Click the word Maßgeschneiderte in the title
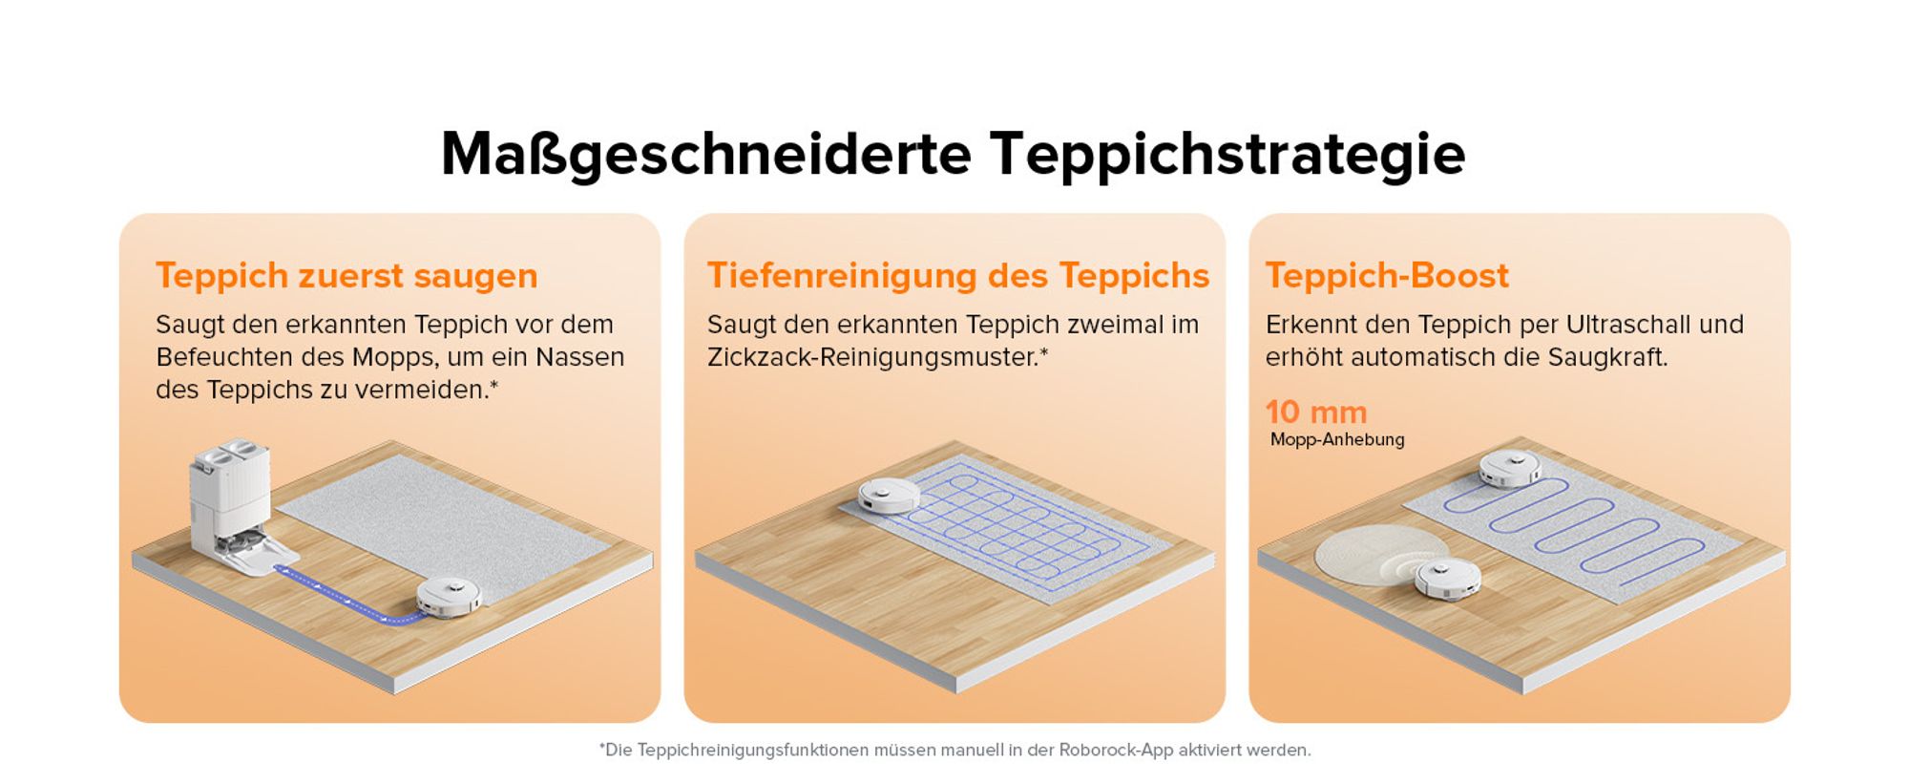[x=706, y=155]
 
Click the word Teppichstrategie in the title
[x=1227, y=155]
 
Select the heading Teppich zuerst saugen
[x=346, y=276]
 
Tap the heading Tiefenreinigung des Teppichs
[x=958, y=276]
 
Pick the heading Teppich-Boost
[x=1387, y=276]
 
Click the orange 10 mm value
[x=1316, y=412]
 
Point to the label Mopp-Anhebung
[x=1337, y=439]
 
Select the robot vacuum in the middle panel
[x=889, y=495]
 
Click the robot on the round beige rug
[x=1447, y=580]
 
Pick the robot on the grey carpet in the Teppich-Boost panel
[x=1510, y=468]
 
